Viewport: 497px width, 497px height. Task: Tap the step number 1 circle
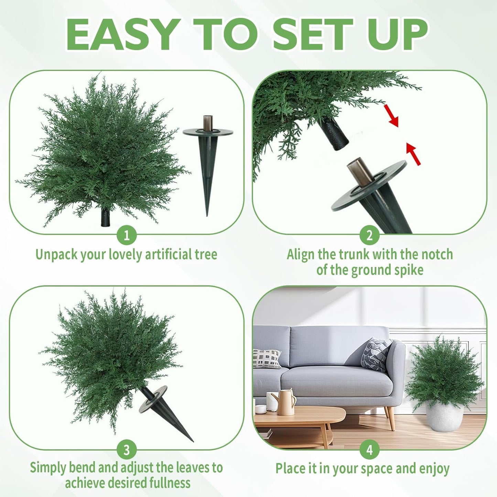point(127,236)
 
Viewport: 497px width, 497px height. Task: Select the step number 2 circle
point(369,236)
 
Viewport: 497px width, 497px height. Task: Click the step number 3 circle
point(127,450)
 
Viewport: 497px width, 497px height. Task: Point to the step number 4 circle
point(369,450)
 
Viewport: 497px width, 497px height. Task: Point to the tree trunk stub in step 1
point(106,217)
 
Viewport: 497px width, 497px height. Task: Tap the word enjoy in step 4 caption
point(434,468)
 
